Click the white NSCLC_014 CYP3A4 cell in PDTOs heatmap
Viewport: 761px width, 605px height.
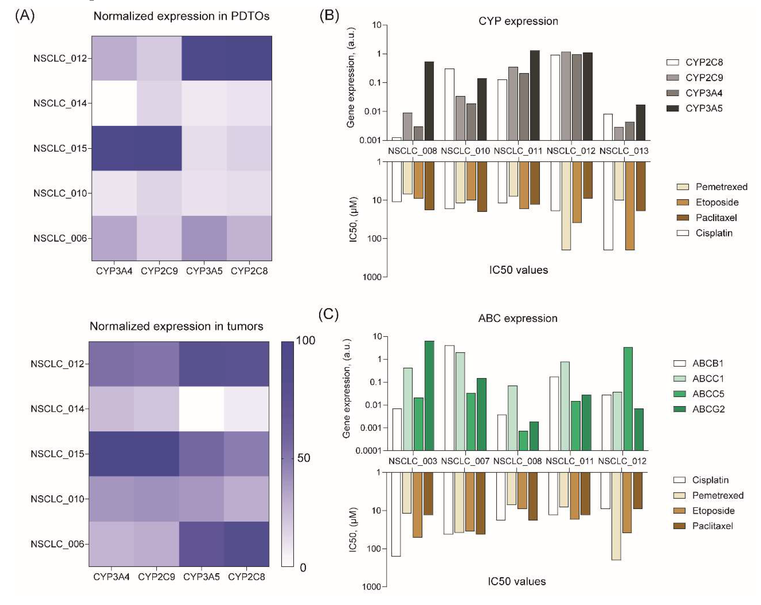[114, 103]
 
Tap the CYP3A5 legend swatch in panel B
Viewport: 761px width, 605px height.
[672, 108]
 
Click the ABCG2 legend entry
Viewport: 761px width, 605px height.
[708, 409]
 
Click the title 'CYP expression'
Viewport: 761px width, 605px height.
[518, 21]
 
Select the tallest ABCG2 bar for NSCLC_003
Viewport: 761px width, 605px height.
[429, 395]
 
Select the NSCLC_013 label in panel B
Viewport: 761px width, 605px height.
[624, 151]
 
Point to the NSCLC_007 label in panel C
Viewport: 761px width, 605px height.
[465, 461]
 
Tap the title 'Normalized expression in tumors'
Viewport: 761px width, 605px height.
[176, 326]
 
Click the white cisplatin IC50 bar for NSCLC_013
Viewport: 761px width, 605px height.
[608, 206]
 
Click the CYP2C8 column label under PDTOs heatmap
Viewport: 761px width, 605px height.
[249, 271]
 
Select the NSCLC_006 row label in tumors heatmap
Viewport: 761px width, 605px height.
[58, 544]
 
